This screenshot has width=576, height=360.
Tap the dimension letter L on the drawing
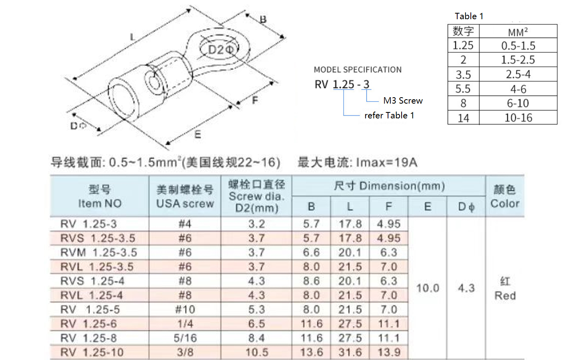pyautogui.click(x=133, y=37)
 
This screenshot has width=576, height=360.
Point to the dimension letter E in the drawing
pyautogui.click(x=198, y=134)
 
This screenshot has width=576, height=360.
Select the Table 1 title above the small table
pyautogui.click(x=469, y=16)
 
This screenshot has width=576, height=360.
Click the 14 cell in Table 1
pyautogui.click(x=463, y=118)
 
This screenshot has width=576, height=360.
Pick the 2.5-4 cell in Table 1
pyautogui.click(x=518, y=74)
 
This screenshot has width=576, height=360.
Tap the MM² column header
pyautogui.click(x=518, y=32)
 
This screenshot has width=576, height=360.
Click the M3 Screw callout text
pyautogui.click(x=403, y=100)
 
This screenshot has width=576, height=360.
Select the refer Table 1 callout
pyautogui.click(x=389, y=116)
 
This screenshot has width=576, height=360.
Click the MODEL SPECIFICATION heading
pyautogui.click(x=358, y=70)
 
